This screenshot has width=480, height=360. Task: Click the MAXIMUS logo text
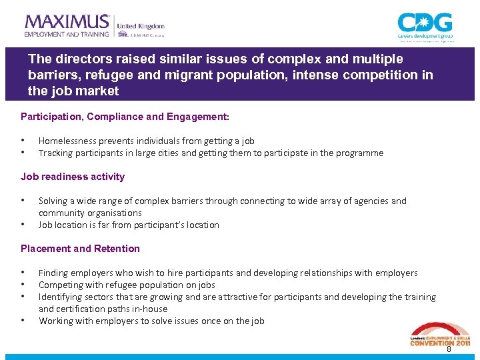tap(67, 21)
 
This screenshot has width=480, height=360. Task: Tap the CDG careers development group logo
tap(425, 27)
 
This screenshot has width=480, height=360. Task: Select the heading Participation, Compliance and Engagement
tap(125, 117)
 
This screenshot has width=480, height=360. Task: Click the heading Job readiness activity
tap(73, 177)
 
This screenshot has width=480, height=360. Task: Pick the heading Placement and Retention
tap(80, 249)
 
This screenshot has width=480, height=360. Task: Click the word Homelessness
tap(67, 141)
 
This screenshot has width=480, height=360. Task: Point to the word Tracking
tap(55, 153)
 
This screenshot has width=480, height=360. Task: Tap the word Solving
tap(53, 201)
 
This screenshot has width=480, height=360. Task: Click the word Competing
tap(60, 285)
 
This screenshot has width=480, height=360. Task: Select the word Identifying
tap(61, 297)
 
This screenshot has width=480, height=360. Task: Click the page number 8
tap(449, 349)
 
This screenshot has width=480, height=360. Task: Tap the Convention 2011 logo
tap(439, 334)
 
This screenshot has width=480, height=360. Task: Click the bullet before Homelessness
tap(23, 141)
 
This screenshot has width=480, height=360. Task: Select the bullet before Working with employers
tap(23, 321)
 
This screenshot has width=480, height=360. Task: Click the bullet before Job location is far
tap(23, 225)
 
